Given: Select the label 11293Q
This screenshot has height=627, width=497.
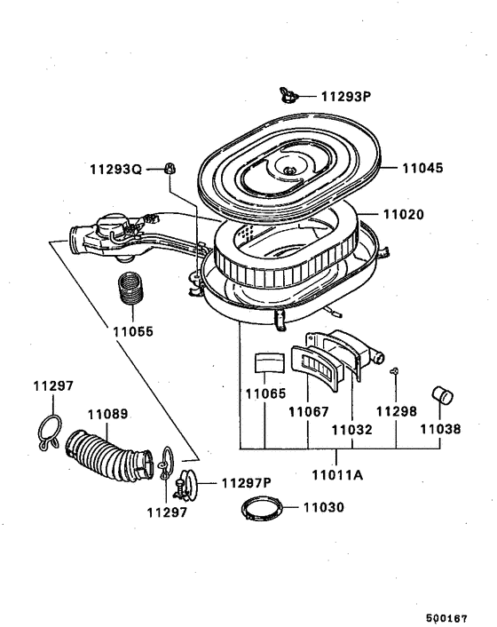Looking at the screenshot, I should (114, 169).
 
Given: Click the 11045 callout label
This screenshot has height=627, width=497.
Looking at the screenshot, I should (424, 168).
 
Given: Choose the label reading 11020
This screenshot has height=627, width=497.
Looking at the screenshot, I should (404, 215).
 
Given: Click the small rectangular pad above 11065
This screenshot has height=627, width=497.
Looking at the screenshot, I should (267, 361).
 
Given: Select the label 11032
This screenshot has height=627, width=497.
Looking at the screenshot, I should (350, 428).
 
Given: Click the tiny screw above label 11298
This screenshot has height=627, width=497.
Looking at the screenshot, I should (395, 372).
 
